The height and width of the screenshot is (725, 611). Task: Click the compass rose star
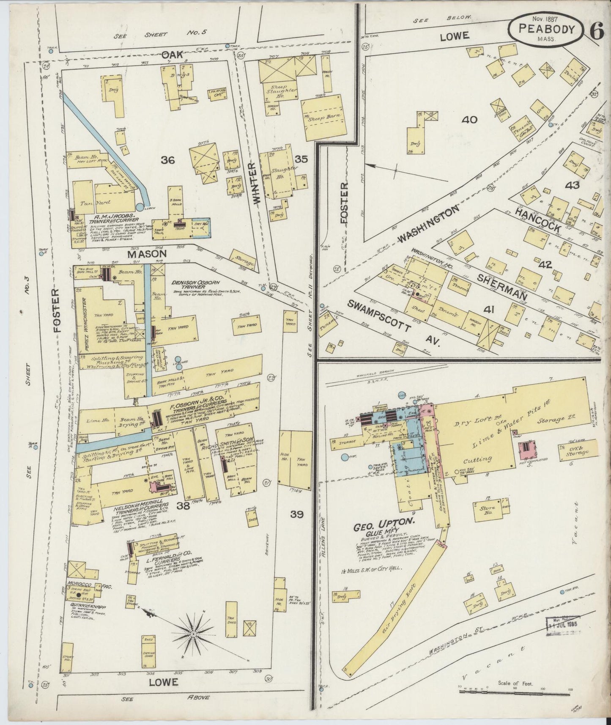pyautogui.click(x=193, y=634)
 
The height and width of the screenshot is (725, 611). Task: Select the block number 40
pyautogui.click(x=469, y=120)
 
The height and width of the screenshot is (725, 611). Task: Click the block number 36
pyautogui.click(x=168, y=160)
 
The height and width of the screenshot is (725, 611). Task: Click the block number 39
pyautogui.click(x=297, y=514)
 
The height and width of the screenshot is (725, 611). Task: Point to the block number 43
pyautogui.click(x=574, y=185)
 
